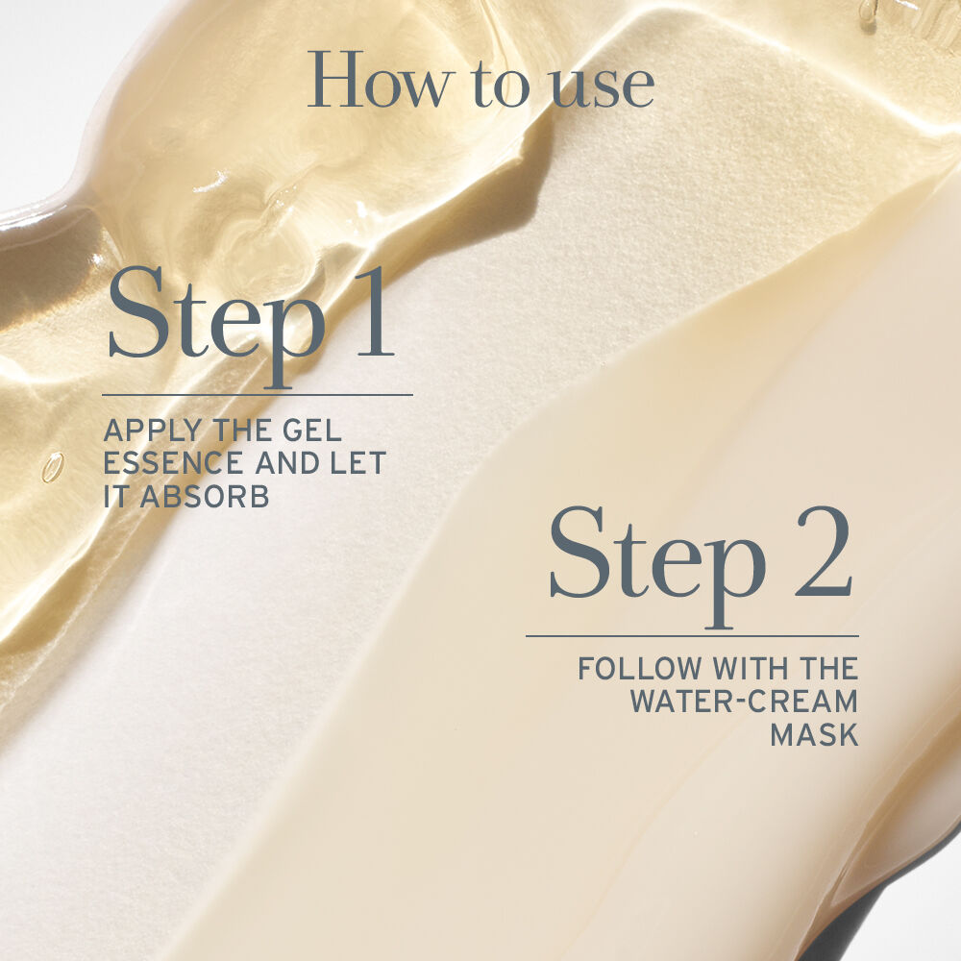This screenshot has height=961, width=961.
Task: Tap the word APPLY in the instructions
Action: click(147, 430)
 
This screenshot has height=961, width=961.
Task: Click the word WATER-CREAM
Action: click(743, 701)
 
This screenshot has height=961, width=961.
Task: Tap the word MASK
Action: click(814, 734)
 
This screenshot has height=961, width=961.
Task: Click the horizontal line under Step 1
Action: click(258, 394)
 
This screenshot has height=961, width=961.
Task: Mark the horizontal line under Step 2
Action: click(692, 635)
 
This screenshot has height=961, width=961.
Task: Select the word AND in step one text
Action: click(285, 463)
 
